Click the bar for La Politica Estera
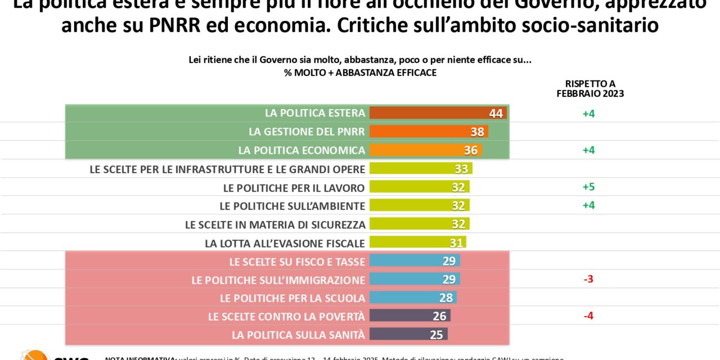pyautogui.click(x=438, y=113)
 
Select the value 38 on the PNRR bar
pyautogui.click(x=478, y=132)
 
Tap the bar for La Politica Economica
pyautogui.click(x=425, y=150)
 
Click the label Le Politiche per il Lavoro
pyautogui.click(x=294, y=187)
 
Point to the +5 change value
pyautogui.click(x=588, y=187)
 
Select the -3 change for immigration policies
pyautogui.click(x=588, y=280)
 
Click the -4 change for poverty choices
pyautogui.click(x=588, y=316)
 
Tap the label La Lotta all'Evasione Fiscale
pyautogui.click(x=285, y=243)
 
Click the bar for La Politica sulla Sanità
pyautogui.click(x=408, y=335)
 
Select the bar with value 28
pyautogui.click(x=412, y=298)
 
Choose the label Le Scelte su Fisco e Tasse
pyautogui.click(x=297, y=262)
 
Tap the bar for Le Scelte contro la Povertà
pyautogui.click(x=409, y=316)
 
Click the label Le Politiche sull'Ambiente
pyautogui.click(x=292, y=206)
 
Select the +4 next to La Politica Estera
pyautogui.click(x=588, y=113)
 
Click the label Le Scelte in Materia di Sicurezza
pyautogui.click(x=275, y=224)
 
